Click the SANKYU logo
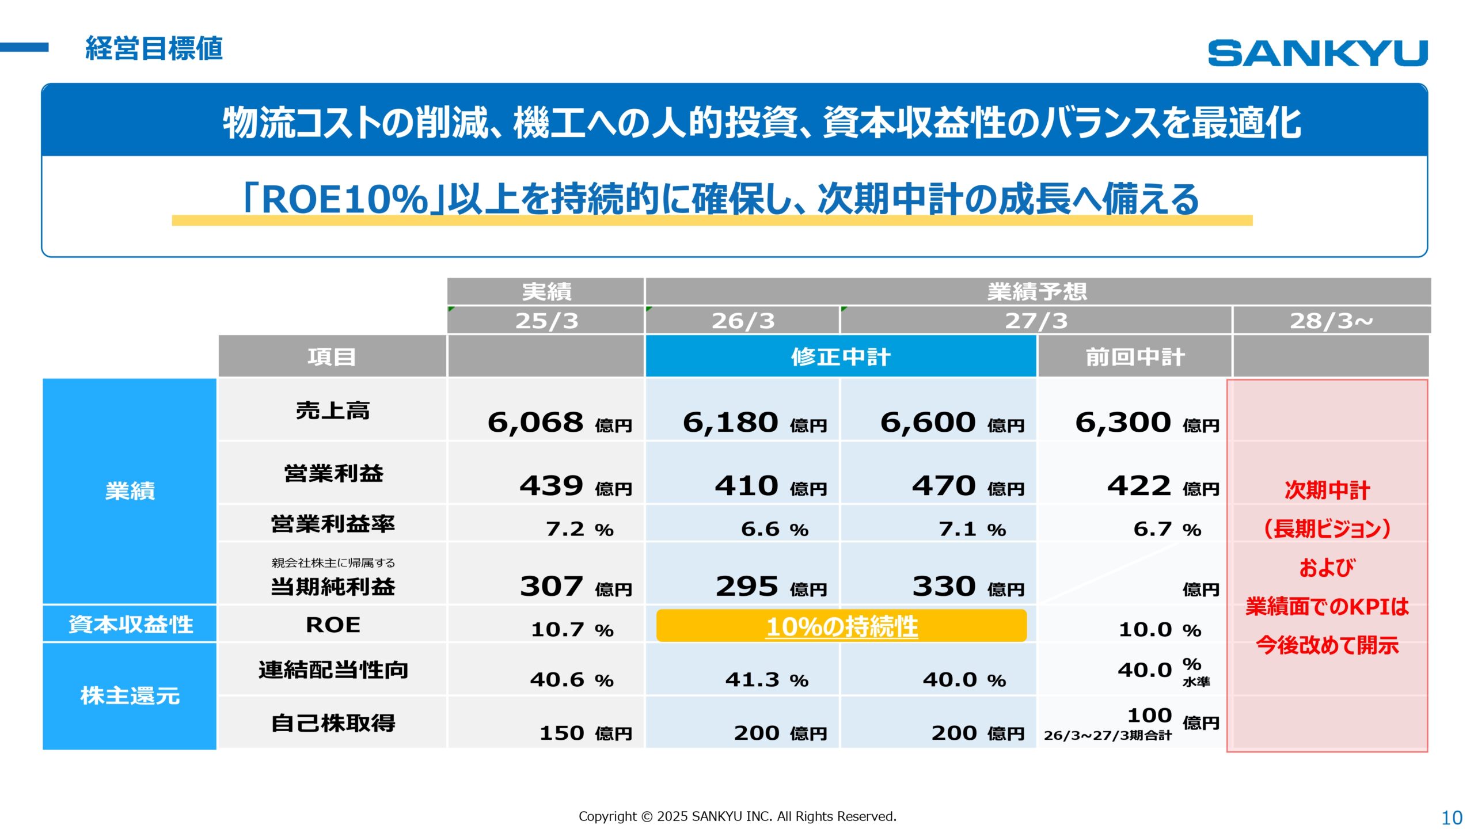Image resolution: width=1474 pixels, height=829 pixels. (x=1317, y=53)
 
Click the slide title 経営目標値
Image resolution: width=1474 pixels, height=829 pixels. (x=154, y=48)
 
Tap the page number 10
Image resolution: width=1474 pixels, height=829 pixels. (x=1451, y=817)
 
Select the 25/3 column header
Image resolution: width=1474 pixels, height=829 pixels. (x=546, y=321)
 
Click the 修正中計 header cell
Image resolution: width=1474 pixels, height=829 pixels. (x=841, y=357)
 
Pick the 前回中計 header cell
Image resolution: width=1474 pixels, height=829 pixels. (x=1135, y=357)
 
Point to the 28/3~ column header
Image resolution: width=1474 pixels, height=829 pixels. (x=1331, y=321)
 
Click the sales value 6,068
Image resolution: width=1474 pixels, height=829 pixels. (x=535, y=423)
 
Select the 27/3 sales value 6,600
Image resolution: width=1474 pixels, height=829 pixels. (x=928, y=423)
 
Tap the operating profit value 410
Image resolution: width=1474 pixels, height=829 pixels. (x=747, y=486)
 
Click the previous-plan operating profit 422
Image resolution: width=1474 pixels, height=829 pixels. (x=1139, y=486)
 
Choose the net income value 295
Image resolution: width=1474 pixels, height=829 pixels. (x=747, y=587)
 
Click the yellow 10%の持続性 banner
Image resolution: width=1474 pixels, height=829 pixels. (x=841, y=626)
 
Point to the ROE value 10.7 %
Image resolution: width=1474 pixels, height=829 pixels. (x=571, y=629)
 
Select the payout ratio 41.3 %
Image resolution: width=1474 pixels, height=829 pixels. (x=766, y=680)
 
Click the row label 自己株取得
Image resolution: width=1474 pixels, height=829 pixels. (x=333, y=723)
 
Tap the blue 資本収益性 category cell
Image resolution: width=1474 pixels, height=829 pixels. (x=130, y=624)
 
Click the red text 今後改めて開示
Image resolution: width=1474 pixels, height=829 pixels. (x=1327, y=645)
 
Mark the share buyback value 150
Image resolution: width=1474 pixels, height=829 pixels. (x=561, y=733)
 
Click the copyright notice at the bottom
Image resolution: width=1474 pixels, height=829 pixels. (x=737, y=816)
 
